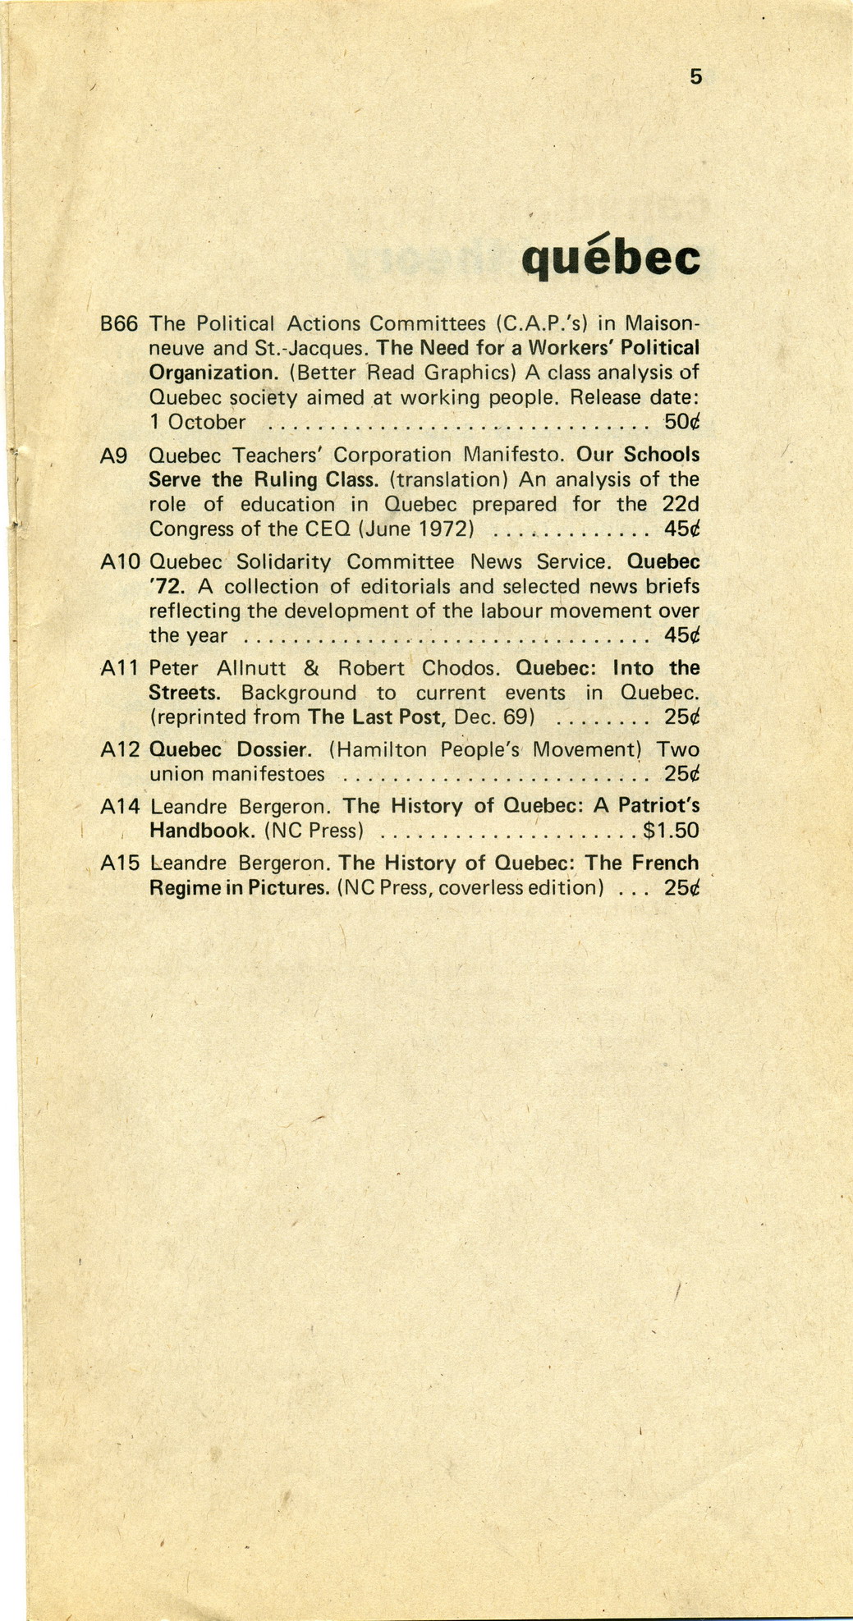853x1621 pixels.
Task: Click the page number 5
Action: tap(696, 77)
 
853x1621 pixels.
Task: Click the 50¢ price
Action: tap(681, 423)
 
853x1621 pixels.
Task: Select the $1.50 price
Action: tap(671, 831)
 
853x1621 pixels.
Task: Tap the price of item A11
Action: tap(681, 717)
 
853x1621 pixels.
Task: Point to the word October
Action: tap(206, 423)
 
